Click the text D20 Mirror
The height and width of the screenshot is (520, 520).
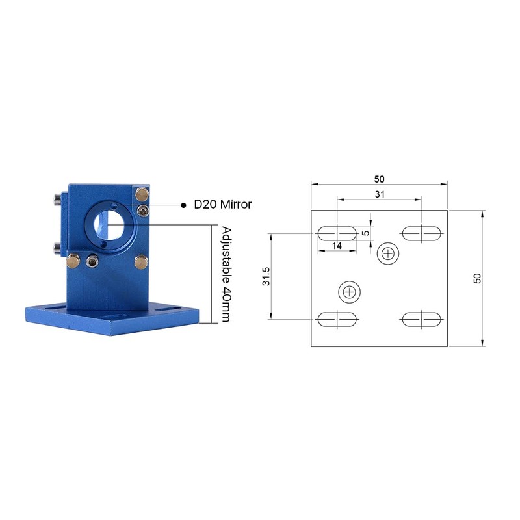pos(223,205)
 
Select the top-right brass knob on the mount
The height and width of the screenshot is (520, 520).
pos(141,194)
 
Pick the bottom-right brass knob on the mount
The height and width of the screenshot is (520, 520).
pos(140,261)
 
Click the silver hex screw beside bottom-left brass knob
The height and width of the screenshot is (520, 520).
pos(92,262)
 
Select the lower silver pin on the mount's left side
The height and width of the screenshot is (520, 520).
pos(58,247)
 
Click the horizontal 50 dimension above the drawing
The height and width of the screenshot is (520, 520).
pos(378,177)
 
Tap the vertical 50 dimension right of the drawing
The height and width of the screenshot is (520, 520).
pos(477,278)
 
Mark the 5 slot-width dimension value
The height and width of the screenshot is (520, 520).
pos(366,232)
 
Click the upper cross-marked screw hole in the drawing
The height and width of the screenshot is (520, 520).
pos(388,253)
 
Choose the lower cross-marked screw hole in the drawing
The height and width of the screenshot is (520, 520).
pos(350,292)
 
